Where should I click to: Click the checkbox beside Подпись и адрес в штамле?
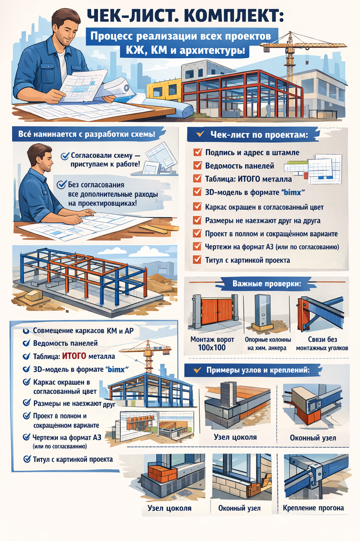click(x=198, y=152)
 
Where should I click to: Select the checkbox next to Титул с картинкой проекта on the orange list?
click(x=197, y=260)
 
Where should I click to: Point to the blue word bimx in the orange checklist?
click(x=292, y=192)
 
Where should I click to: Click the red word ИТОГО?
click(x=74, y=356)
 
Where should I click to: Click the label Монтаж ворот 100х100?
click(x=212, y=344)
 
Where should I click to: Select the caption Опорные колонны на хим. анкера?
click(x=268, y=344)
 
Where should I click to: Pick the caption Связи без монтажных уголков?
click(x=322, y=344)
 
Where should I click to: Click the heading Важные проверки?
click(x=267, y=284)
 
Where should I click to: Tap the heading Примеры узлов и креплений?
click(x=258, y=370)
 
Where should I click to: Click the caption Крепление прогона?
click(x=313, y=508)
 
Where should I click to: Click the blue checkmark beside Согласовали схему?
click(x=65, y=156)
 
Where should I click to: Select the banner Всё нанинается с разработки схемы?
click(x=87, y=134)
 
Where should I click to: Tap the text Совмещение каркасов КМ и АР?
click(x=83, y=330)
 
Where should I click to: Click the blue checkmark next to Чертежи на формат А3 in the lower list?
click(x=26, y=437)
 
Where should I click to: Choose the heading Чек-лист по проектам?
click(x=259, y=135)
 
